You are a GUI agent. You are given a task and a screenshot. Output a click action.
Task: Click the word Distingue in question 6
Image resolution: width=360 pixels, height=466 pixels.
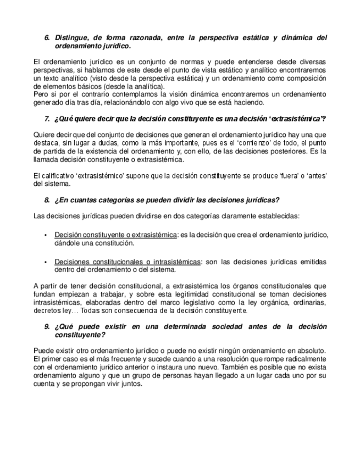point(74,38)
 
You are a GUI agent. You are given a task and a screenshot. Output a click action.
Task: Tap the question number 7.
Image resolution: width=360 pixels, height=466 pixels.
point(47,119)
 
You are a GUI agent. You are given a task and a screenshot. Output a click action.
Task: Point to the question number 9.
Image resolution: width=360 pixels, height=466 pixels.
point(47,326)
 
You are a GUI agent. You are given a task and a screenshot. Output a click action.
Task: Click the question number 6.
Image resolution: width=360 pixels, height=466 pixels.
point(47,38)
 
